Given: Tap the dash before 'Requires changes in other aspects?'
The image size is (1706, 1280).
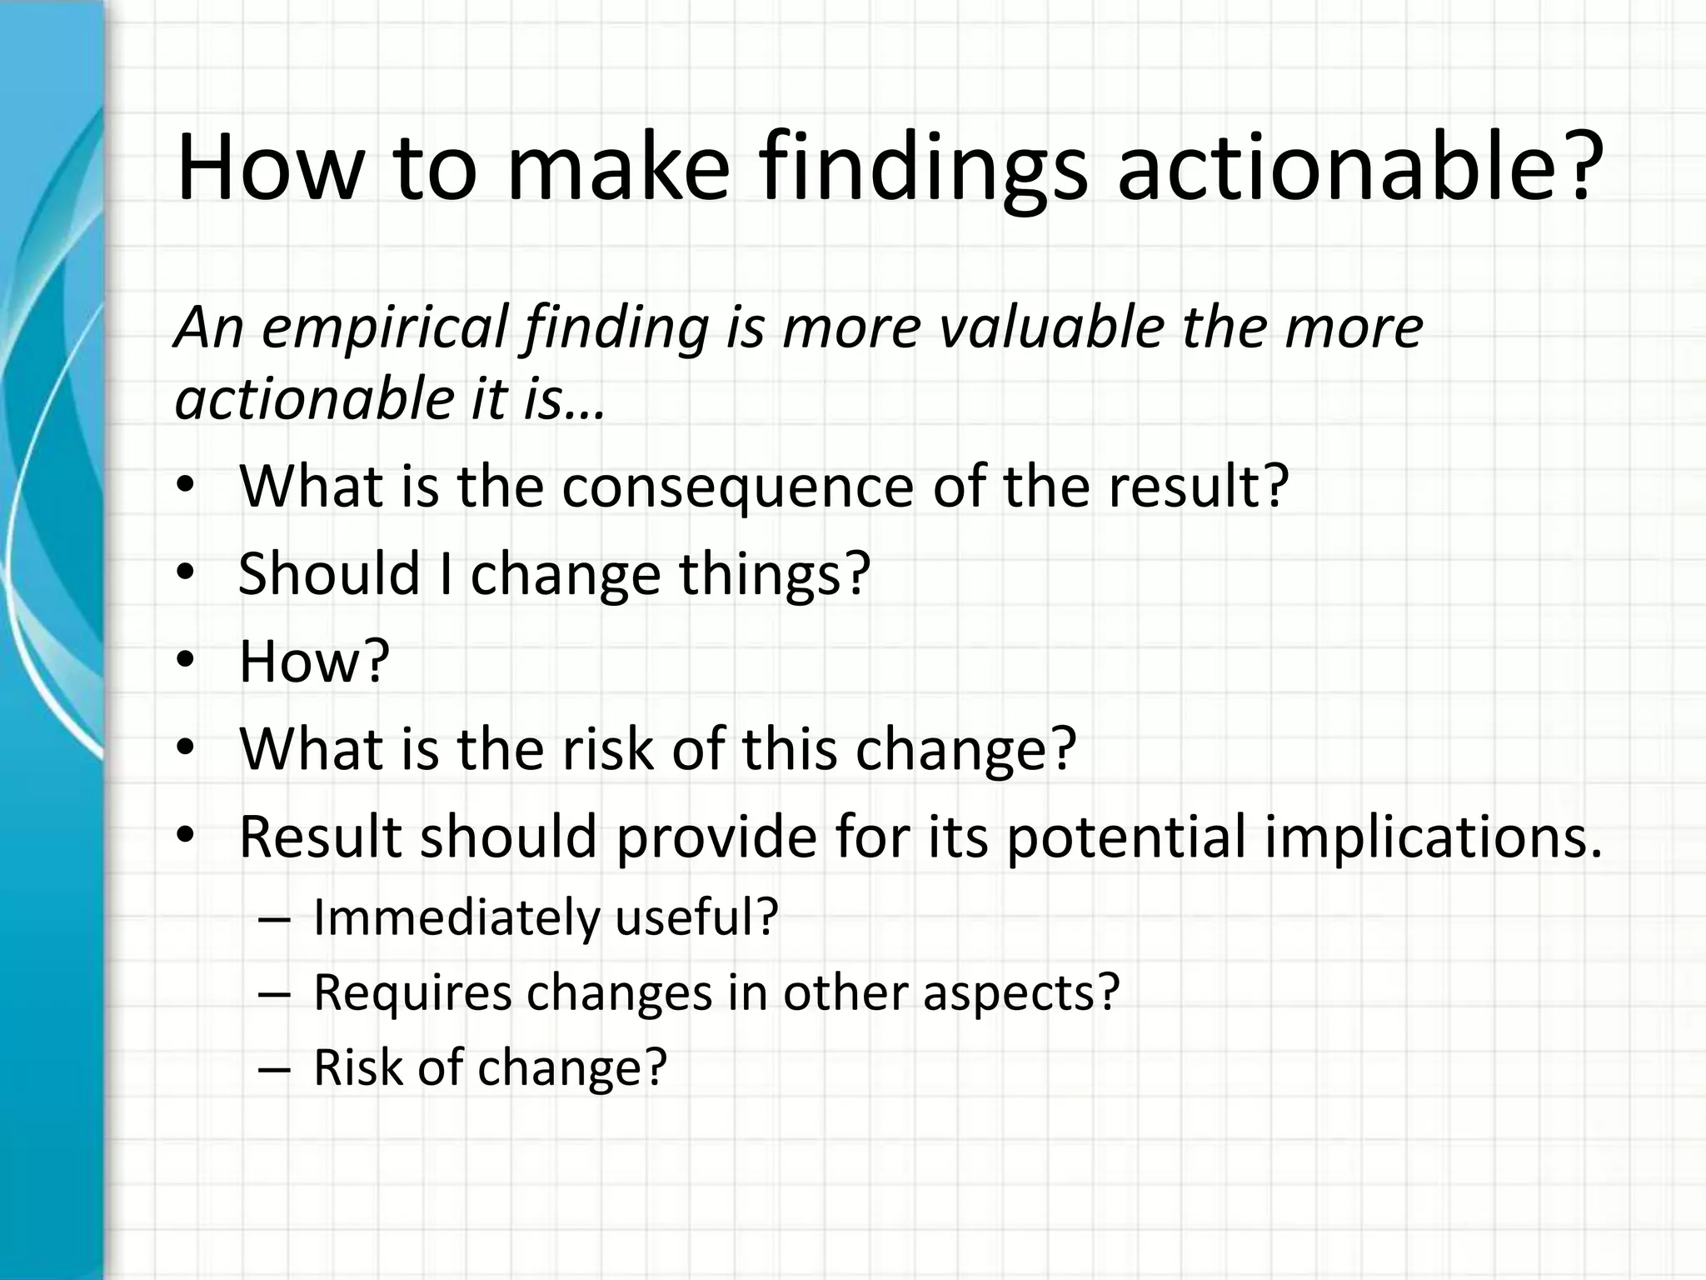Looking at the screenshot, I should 274,994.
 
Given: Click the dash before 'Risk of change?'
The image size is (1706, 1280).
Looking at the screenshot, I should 274,1069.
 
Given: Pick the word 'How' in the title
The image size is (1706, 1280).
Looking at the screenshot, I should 271,166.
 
